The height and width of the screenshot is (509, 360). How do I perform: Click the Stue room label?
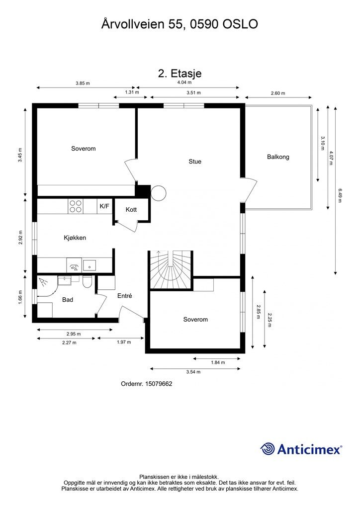point(195,162)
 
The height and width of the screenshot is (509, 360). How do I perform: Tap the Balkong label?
point(278,157)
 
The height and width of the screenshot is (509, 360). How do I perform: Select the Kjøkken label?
point(75,238)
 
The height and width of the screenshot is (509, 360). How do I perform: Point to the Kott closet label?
point(131,209)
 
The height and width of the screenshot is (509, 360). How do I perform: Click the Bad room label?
point(68,300)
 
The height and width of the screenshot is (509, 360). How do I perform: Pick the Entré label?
point(125,296)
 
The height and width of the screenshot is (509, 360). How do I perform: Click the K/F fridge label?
point(104,206)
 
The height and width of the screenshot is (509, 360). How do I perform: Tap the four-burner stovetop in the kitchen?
point(75,206)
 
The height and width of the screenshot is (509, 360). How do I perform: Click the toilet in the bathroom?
point(87,282)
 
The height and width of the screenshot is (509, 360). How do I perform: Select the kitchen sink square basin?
point(89,265)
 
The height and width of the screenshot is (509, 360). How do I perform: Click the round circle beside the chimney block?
point(159,193)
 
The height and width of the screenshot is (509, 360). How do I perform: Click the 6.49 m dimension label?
point(340,195)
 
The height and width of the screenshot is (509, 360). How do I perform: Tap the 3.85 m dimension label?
point(83,83)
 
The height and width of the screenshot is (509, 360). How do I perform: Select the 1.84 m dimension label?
point(218,362)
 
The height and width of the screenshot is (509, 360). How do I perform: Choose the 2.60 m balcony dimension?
point(278,93)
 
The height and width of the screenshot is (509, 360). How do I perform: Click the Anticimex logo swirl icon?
point(267,449)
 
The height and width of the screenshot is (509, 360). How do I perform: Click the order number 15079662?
point(159,384)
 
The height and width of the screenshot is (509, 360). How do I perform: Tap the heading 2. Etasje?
point(180,74)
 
